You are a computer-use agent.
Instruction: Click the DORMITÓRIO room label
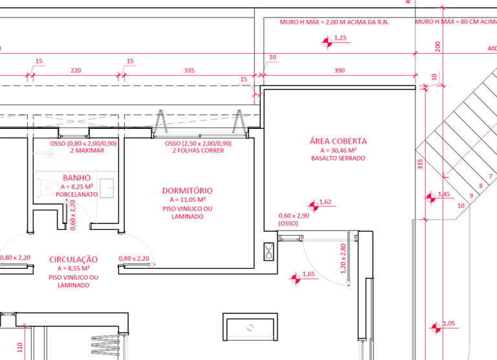tap(187, 191)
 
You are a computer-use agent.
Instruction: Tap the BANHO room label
tap(76, 177)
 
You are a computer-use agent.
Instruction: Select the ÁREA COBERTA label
tap(338, 141)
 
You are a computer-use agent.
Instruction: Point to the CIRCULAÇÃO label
tap(73, 260)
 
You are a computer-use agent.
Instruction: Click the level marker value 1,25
tap(341, 38)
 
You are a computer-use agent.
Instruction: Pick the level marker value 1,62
tap(325, 202)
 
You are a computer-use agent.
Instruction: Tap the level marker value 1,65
tap(308, 275)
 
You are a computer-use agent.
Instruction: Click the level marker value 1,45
tap(444, 194)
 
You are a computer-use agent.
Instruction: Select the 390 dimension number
tap(338, 70)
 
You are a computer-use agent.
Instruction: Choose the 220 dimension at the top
tap(76, 70)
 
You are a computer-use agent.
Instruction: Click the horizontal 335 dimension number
tap(189, 70)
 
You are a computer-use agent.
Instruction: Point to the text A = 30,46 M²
tap(338, 150)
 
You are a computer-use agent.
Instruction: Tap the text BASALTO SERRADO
tap(338, 158)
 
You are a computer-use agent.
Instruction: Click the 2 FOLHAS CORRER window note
tap(198, 151)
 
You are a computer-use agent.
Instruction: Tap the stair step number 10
tap(461, 205)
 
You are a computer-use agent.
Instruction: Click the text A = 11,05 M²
tap(187, 200)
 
